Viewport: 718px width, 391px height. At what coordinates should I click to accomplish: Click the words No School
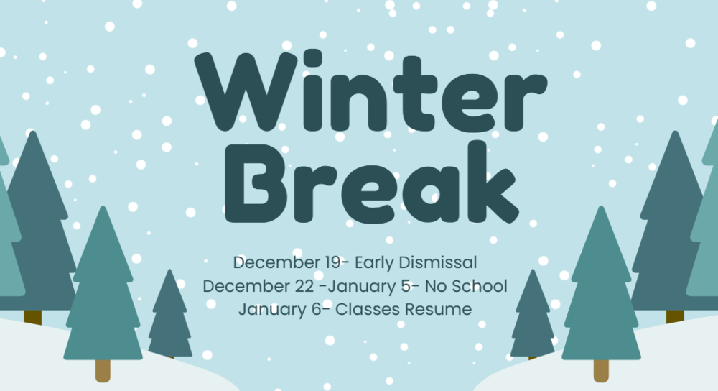click(466, 286)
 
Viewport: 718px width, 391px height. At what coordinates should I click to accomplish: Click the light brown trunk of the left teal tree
click(103, 370)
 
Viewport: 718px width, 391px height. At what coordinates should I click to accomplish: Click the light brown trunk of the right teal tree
click(601, 370)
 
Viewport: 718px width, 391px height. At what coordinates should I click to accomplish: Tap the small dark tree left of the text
click(170, 316)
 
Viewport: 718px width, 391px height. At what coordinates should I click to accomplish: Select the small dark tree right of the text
click(533, 316)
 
